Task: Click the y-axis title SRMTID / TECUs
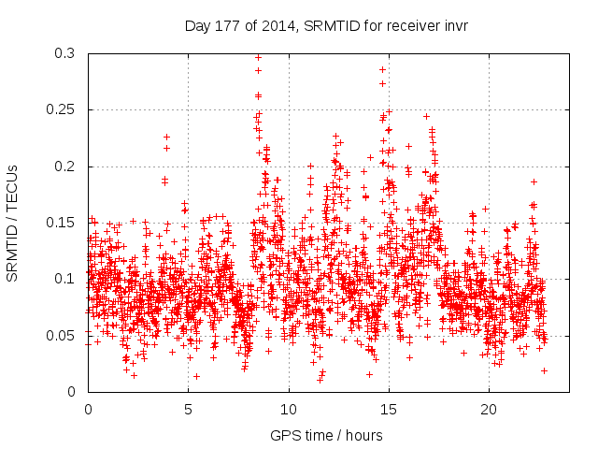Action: pos(13,222)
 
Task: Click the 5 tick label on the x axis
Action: pos(188,409)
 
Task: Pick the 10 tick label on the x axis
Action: pos(289,409)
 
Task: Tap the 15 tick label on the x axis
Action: pos(389,409)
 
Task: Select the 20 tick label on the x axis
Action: pos(489,409)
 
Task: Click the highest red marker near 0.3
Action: pos(258,57)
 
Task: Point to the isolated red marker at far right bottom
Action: pos(544,370)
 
